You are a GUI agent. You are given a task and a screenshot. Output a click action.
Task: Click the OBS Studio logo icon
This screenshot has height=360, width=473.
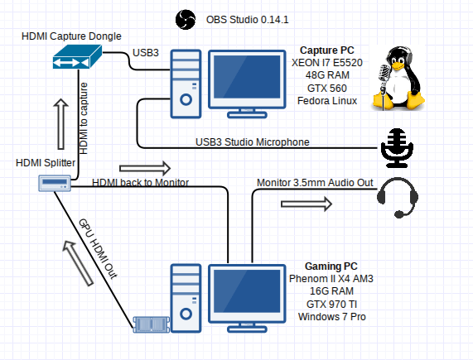tap(186, 20)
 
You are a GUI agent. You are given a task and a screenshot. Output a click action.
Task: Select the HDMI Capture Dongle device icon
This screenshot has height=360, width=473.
tap(77, 56)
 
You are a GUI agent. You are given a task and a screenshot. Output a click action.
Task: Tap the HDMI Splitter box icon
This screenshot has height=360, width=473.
tap(55, 183)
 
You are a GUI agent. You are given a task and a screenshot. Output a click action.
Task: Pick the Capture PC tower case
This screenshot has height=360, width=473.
tap(186, 84)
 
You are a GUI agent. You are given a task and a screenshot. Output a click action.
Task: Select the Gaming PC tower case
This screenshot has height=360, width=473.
tap(186, 298)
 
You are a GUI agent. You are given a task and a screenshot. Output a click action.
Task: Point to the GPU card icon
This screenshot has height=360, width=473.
tap(152, 324)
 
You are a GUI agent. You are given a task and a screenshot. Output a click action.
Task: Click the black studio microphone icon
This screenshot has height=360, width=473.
tap(397, 148)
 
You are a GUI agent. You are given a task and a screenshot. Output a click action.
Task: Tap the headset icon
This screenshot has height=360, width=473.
tap(398, 197)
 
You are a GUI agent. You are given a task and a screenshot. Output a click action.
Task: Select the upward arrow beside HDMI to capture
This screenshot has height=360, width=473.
tap(61, 124)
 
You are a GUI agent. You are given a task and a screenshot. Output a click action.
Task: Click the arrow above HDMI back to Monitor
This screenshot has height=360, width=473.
tap(145, 168)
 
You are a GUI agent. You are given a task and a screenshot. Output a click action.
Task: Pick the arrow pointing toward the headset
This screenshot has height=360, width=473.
tap(306, 204)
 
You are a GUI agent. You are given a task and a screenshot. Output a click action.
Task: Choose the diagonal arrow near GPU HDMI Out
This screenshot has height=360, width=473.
tap(78, 263)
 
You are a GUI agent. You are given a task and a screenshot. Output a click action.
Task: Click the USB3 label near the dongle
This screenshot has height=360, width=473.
tap(146, 53)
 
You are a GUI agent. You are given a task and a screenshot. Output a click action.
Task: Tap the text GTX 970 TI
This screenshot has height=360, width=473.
tap(332, 305)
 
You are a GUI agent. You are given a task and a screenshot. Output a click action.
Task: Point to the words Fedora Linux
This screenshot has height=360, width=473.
tap(327, 101)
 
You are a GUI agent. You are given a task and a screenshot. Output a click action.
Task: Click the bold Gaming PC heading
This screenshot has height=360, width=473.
tap(331, 266)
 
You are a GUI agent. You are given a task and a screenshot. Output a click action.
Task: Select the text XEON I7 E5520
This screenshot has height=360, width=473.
tap(327, 63)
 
